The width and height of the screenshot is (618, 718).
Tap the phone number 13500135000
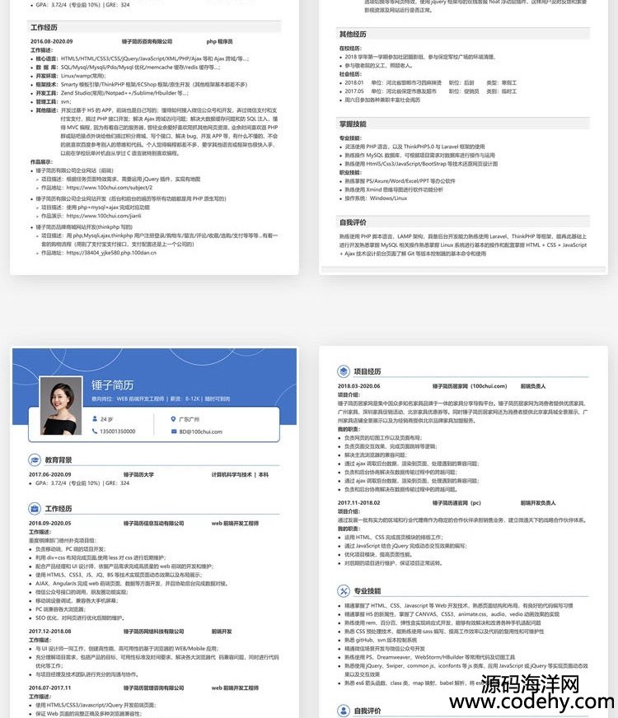point(117,431)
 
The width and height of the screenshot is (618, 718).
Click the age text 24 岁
point(106,419)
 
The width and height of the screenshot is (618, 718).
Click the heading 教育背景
point(59,459)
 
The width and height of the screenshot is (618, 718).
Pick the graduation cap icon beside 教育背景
point(35,459)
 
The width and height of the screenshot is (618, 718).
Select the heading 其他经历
point(353,35)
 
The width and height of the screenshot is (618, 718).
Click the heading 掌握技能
point(353,124)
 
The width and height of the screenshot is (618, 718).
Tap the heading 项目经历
point(368,371)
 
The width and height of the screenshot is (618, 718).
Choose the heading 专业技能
point(368,590)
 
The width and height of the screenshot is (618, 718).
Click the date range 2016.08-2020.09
point(51,41)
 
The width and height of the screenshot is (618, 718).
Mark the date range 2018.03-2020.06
point(358,386)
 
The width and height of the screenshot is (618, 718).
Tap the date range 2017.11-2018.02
point(358,502)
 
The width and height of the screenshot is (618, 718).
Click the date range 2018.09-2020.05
point(50,523)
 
